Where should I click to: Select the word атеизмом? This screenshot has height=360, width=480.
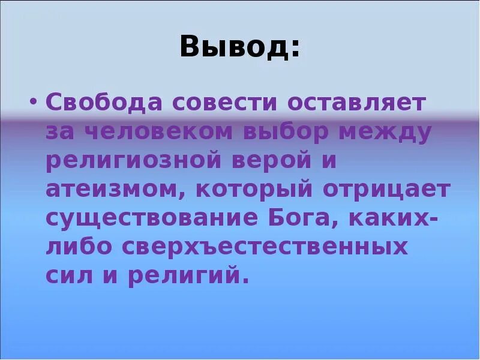113,190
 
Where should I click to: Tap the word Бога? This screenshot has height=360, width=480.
305,219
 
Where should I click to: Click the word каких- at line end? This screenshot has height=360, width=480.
399,219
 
